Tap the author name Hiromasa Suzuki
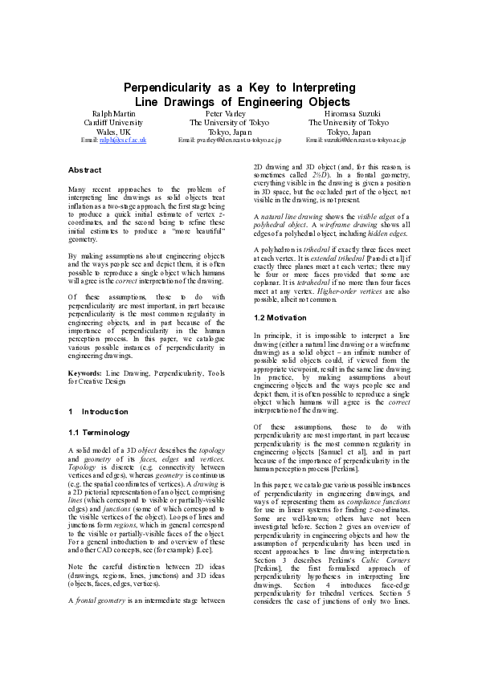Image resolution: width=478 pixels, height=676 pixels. [x=349, y=113]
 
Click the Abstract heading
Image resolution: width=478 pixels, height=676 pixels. [x=85, y=170]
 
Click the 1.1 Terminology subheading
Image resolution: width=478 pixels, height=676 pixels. [x=100, y=432]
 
